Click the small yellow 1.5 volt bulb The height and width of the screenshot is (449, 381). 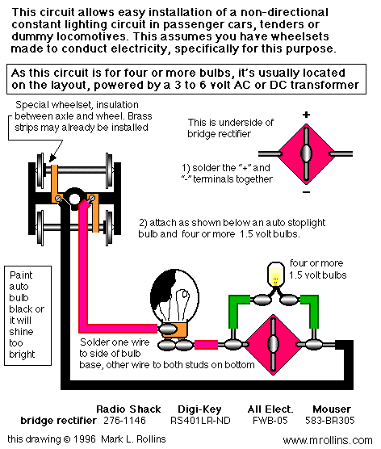pos(275,274)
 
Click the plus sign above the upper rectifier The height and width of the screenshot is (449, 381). pos(306,115)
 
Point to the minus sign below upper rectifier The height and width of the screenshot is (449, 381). pos(306,192)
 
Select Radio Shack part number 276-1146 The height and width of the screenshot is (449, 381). pos(124,421)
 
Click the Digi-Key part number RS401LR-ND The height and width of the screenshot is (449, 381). pos(200,421)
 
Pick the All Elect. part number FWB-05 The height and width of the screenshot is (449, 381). pos(270,421)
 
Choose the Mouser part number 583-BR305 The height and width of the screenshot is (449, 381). pos(330,421)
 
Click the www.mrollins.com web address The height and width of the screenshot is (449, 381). pos(328,440)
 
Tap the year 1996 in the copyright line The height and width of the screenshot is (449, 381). pos(85,439)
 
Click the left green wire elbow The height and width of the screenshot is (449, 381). pos(237,310)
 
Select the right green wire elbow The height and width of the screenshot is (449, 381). pos(311,310)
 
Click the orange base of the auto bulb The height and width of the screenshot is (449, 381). pos(178,329)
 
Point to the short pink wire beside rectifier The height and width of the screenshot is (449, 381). pos(206,345)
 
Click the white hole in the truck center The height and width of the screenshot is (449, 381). pos(74,199)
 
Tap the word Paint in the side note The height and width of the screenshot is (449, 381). pos(21,275)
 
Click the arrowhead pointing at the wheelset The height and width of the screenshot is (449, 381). pos(53,157)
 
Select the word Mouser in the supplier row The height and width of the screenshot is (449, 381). pos(332,409)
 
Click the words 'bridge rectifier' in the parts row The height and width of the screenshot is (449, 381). pos(58,421)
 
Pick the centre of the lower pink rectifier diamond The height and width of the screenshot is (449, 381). pos(273,344)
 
